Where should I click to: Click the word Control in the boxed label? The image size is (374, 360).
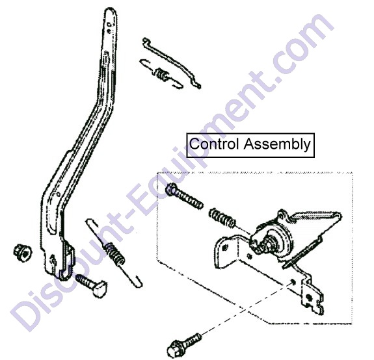(x=214, y=144)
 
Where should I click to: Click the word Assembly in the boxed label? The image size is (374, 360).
(x=277, y=144)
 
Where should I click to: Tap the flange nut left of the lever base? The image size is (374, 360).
(x=22, y=253)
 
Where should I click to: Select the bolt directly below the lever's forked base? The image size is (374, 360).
(x=92, y=285)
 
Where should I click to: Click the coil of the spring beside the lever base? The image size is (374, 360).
(x=115, y=254)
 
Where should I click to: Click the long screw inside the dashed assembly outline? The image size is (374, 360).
(x=184, y=196)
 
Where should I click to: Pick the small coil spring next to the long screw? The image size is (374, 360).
(x=222, y=217)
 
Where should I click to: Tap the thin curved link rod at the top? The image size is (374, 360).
(x=171, y=62)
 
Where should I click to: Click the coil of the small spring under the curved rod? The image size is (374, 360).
(x=162, y=73)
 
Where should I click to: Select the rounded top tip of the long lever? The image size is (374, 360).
(x=111, y=10)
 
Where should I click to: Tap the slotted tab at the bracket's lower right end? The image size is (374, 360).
(x=312, y=298)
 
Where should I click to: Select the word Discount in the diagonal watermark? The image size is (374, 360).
(x=72, y=279)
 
